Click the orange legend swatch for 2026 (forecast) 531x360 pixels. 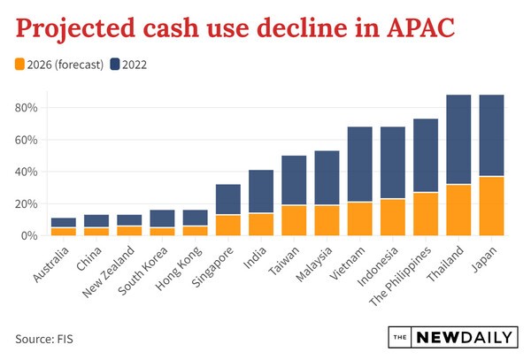tap(21, 64)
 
